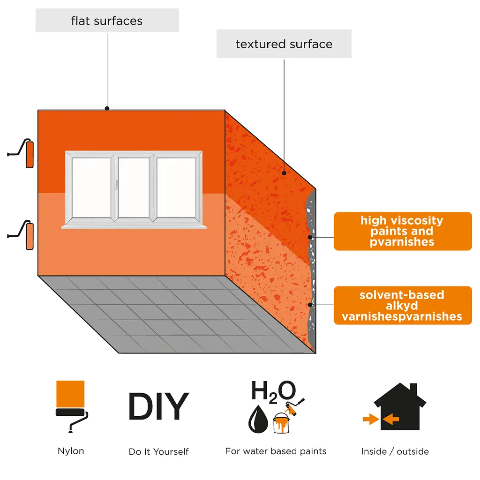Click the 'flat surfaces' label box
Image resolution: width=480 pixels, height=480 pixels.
(107, 20)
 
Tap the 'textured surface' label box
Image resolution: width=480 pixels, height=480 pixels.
(284, 44)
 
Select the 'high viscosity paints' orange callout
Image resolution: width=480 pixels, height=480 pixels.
(403, 231)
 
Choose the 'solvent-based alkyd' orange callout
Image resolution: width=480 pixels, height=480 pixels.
(403, 305)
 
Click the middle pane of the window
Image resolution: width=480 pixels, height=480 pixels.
(134, 187)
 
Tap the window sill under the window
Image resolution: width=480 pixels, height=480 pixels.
(134, 227)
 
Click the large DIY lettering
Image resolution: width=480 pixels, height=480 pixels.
(158, 406)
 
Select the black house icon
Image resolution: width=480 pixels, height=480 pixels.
(400, 406)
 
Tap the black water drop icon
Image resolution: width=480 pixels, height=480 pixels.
(258, 419)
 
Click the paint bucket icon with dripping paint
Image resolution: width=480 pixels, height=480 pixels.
(281, 423)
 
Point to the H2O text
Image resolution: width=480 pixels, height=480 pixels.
(274, 391)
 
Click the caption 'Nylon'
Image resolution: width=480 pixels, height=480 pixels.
(71, 451)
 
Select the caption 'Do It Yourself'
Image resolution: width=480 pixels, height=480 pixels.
(158, 451)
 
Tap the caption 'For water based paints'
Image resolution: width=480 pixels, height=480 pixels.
(276, 451)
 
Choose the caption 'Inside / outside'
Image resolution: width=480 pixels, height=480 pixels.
(395, 451)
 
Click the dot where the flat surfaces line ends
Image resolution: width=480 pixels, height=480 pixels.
(107, 108)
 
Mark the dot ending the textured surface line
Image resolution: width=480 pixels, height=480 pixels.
(284, 173)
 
